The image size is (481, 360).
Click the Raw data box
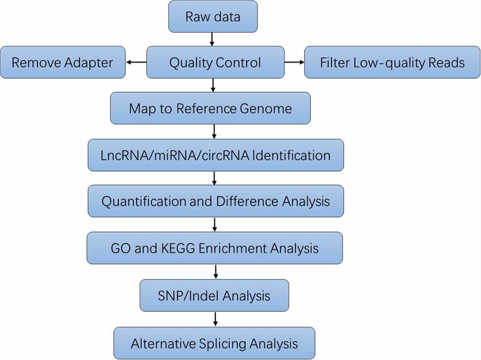213,17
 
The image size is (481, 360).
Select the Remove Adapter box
63,63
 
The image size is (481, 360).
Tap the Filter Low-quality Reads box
392,63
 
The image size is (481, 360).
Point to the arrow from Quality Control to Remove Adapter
136,62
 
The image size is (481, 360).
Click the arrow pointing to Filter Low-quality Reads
294,62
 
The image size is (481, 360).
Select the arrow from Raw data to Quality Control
213,39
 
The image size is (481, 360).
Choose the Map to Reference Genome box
210,109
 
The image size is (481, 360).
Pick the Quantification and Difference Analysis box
216,202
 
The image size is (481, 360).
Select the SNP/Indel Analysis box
214,296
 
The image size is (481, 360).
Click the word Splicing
226,343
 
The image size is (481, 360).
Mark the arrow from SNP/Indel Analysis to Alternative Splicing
214,319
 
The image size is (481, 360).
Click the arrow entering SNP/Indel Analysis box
214,272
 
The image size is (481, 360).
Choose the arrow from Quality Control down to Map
213,86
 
